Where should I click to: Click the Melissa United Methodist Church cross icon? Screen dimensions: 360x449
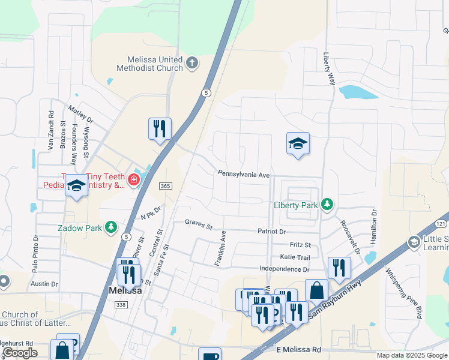(191, 62)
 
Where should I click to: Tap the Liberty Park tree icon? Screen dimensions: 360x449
(327, 205)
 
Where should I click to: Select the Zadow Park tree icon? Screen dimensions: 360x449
(110, 227)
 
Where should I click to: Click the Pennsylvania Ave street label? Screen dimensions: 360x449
(244, 173)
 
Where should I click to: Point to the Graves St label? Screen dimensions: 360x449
(199, 226)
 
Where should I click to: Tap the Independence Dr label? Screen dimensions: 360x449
(285, 268)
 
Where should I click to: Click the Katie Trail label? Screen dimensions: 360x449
(295, 257)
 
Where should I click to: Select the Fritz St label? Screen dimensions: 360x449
(300, 245)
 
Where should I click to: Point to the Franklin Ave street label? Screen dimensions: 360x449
(220, 248)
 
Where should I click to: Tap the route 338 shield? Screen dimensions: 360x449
(121, 305)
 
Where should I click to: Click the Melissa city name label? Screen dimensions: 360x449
(125, 290)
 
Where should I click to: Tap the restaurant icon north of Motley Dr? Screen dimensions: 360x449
(160, 128)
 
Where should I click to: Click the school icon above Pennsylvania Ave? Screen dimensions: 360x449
(298, 143)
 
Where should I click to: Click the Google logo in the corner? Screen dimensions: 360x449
(20, 353)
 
